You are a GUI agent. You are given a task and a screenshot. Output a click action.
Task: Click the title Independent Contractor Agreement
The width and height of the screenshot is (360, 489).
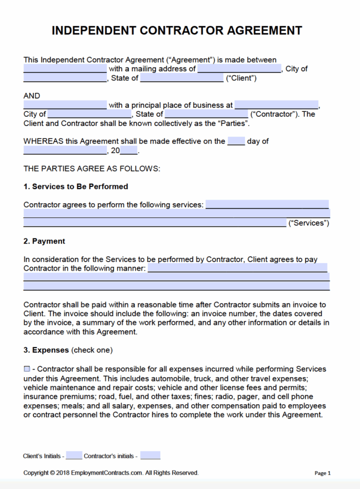pos(177,30)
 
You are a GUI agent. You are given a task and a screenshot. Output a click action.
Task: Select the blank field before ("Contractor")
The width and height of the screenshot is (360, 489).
pos(206,114)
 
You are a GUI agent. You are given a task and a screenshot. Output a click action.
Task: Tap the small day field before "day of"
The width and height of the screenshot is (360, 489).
pos(236,141)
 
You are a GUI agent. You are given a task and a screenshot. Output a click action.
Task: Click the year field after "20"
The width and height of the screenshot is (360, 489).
pos(129,151)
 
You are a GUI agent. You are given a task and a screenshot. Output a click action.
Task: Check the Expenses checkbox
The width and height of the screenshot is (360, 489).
pos(27,369)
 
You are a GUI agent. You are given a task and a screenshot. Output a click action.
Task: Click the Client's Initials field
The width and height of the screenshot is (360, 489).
pos(74,456)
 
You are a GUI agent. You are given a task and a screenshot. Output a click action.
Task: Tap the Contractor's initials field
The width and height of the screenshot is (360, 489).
pos(150,456)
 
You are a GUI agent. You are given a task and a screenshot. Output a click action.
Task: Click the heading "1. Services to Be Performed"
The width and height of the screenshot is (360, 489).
pos(75,186)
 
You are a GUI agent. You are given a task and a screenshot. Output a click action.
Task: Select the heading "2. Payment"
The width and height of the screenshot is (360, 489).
pos(44,241)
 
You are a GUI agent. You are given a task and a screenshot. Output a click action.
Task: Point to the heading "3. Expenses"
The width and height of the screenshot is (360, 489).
pos(46,350)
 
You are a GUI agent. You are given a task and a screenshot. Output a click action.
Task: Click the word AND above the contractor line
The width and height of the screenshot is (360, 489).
pos(31,96)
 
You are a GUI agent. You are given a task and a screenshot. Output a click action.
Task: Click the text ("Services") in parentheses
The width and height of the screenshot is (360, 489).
pos(308,223)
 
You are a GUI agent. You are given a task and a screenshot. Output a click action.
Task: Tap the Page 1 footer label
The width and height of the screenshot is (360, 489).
pos(323,473)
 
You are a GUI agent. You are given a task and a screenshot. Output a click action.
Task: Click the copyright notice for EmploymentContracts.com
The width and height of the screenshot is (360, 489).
pos(111,473)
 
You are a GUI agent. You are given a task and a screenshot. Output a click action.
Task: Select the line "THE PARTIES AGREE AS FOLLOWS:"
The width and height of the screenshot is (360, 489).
pos(92,168)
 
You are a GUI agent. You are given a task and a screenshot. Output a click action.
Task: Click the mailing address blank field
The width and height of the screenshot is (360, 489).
pos(239,69)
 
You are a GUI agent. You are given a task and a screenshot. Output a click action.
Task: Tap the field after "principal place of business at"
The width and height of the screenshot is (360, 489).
pos(276,105)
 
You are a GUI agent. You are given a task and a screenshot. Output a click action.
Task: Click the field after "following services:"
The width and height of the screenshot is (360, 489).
pos(267,205)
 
